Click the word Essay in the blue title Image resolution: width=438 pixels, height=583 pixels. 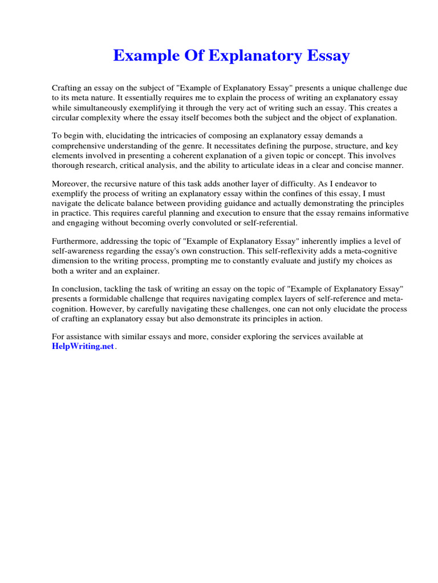[327, 56]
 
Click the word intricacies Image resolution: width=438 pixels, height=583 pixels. [183, 136]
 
